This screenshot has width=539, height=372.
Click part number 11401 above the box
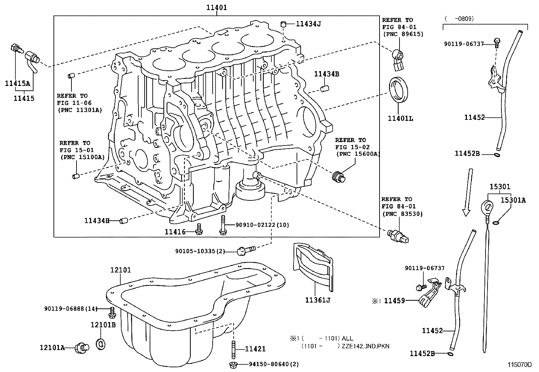[217, 7]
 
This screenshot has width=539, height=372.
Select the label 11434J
[308, 24]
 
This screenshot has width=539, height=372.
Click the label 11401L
[400, 118]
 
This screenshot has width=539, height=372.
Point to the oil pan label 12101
[121, 270]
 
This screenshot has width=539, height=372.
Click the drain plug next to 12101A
[82, 347]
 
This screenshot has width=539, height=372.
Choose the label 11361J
[317, 300]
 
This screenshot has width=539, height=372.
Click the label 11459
[394, 300]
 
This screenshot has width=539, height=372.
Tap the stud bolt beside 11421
[234, 349]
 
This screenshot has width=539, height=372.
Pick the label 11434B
[326, 74]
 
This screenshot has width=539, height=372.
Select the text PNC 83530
[403, 214]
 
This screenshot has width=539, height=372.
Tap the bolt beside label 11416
[199, 231]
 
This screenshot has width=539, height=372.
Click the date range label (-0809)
[460, 19]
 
